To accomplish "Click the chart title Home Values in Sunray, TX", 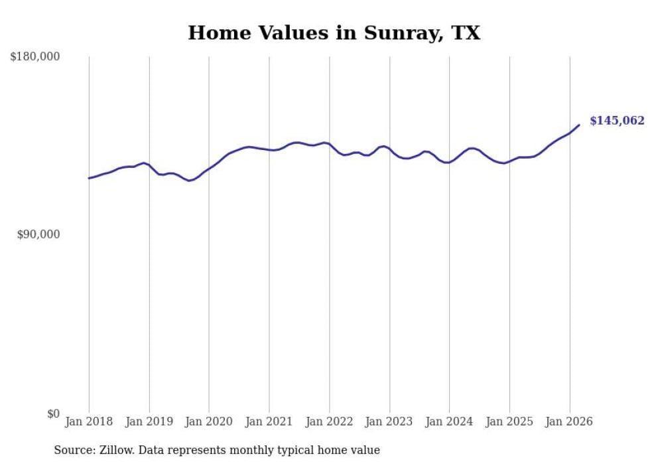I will (334, 33).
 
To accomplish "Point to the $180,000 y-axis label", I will (35, 57).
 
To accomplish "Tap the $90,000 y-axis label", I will (38, 234).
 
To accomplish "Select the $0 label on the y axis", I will (53, 414).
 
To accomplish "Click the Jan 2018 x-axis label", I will (89, 422).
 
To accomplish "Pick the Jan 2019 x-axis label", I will (149, 422).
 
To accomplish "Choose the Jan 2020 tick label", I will (209, 422).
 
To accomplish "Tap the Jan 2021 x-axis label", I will (269, 422).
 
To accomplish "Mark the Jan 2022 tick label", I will (329, 422).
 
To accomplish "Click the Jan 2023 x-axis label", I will (389, 422).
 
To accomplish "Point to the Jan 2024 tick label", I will (449, 422).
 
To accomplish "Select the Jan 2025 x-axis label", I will (509, 422).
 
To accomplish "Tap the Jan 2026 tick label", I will (569, 422).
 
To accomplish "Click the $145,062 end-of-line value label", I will (616, 121).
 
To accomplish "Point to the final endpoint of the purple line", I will (579, 125).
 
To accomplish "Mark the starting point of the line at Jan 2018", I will (89, 178).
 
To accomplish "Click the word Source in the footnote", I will (72, 450).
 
